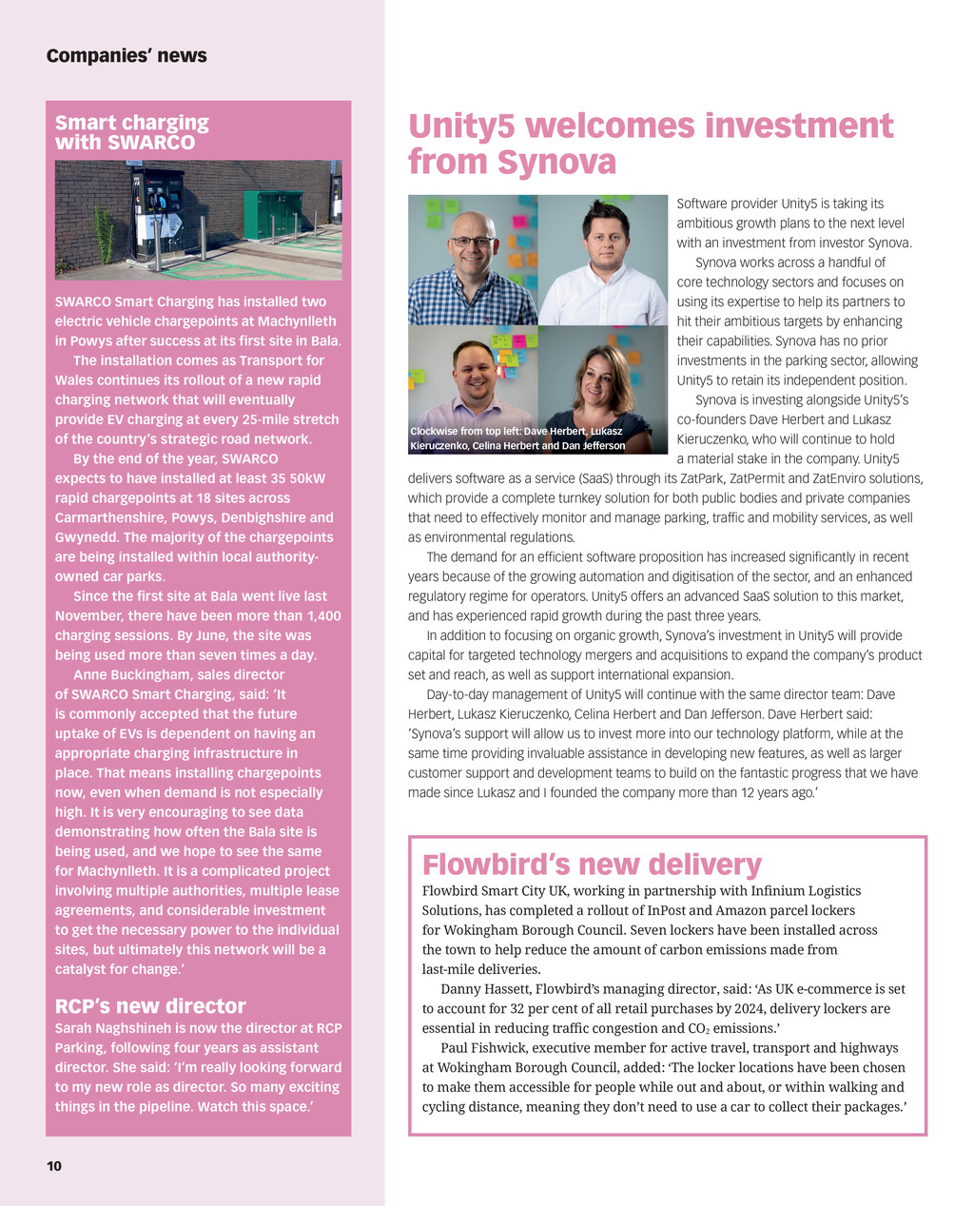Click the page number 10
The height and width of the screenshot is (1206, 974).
(54, 1166)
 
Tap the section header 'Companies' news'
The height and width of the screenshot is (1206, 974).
(127, 55)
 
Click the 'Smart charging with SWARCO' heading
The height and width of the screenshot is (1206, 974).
(131, 132)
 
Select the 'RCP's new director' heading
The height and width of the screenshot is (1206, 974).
(150, 1006)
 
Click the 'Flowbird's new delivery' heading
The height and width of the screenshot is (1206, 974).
(592, 865)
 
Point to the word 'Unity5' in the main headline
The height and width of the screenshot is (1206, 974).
(462, 126)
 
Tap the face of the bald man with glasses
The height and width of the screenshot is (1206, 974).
(472, 241)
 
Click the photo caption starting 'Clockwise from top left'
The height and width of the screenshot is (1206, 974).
(517, 438)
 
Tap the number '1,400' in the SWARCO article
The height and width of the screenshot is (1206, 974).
(324, 616)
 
